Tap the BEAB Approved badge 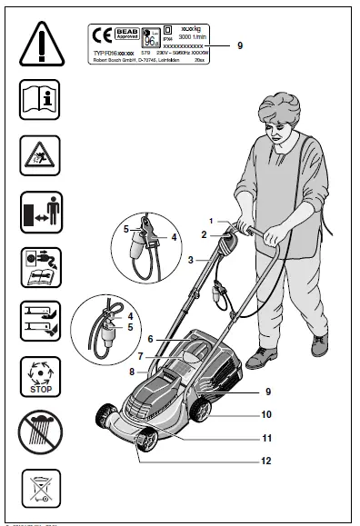[x=125, y=35]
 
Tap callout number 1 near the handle [x=210, y=221]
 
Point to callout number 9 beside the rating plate [x=239, y=45]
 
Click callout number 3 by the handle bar [x=190, y=260]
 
